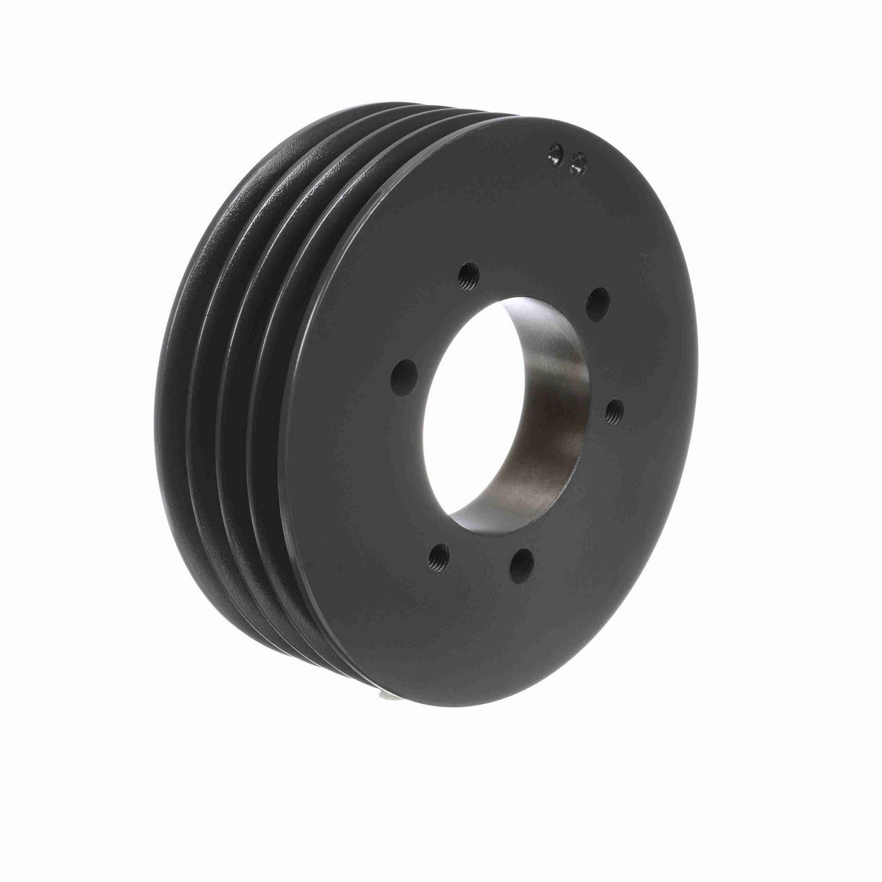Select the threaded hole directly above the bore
[467, 277]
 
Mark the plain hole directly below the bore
[523, 564]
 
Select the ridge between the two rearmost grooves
[188, 367]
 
